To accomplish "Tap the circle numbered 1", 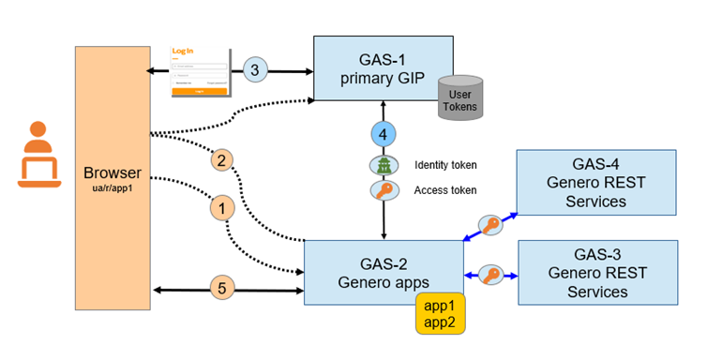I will (222, 208).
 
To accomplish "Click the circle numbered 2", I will (222, 160).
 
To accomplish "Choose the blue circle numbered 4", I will (384, 133).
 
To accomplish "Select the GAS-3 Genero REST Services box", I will (596, 272).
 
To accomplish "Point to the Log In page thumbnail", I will (199, 71).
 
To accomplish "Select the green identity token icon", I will (384, 165).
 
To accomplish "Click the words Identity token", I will (445, 165).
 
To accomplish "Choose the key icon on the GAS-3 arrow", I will (490, 276).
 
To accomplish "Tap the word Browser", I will (112, 172).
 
